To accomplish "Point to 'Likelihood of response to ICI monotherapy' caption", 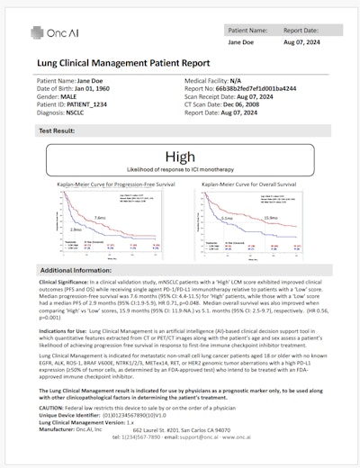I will (180, 170).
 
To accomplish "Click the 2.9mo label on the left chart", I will (75, 230).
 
